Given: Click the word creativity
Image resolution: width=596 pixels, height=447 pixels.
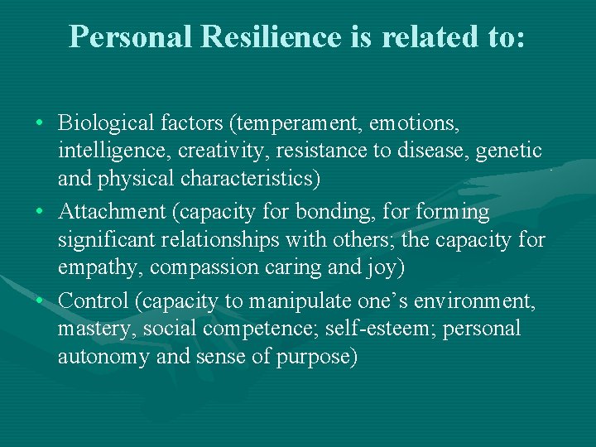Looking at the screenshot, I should (215, 151).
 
